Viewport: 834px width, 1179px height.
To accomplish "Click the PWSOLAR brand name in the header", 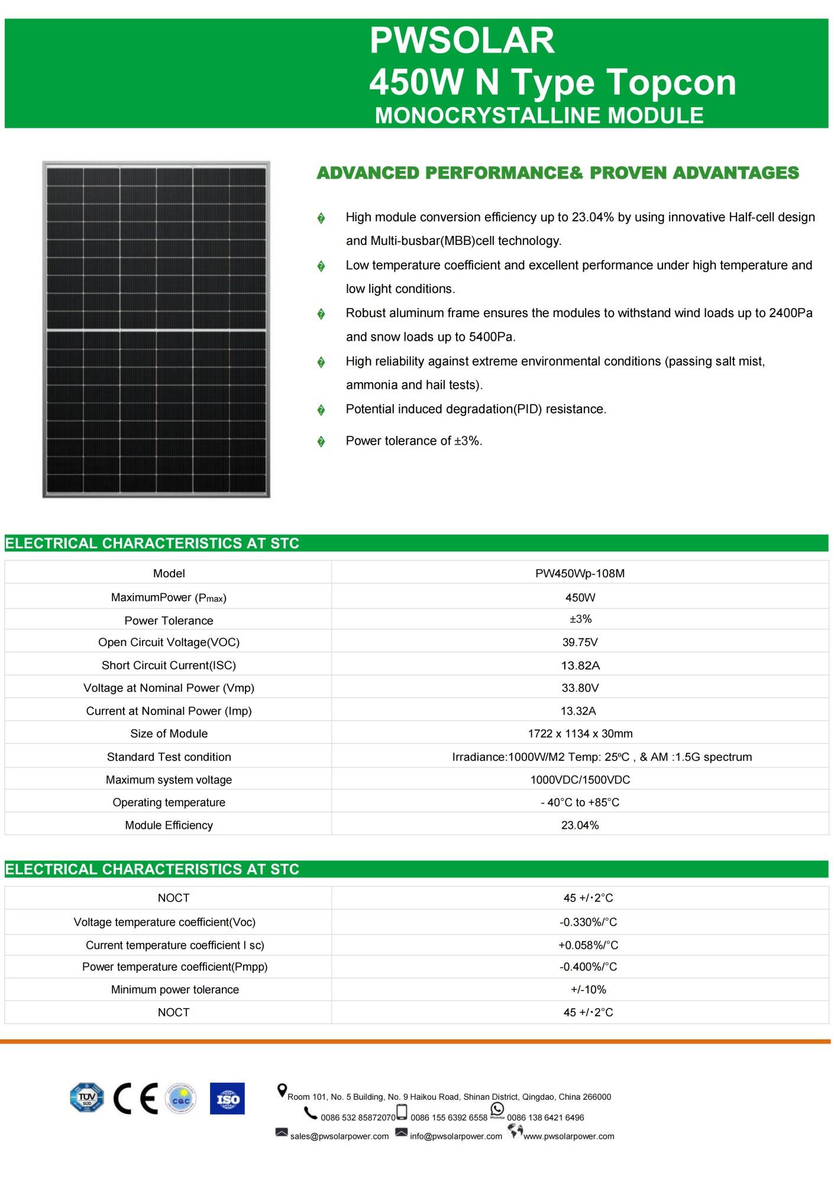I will [462, 40].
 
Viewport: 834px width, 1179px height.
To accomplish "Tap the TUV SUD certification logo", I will [86, 1098].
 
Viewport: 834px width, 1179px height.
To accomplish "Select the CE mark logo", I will [135, 1099].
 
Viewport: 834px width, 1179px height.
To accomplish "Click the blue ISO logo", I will [227, 1099].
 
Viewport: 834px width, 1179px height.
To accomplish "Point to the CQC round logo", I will [180, 1099].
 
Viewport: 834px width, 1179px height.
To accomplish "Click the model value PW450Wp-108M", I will [580, 573].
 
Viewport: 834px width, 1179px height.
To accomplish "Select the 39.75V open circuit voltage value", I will [580, 642].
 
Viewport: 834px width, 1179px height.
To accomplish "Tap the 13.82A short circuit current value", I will [580, 666].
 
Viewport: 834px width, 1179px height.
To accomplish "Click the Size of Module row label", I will [169, 734].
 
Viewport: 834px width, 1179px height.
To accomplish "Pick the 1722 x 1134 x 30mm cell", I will [580, 734].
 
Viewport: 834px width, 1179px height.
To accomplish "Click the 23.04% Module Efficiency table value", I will [580, 825].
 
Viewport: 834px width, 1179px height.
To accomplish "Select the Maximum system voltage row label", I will [169, 780].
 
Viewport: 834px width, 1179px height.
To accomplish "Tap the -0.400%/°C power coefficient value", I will [588, 967].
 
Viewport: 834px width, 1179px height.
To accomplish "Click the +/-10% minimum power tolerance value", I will [588, 989].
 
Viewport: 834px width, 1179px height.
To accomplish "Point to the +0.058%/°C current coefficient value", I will [588, 945].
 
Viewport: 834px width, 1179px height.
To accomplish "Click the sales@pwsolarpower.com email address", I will [339, 1136].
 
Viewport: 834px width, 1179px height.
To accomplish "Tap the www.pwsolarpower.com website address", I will [568, 1136].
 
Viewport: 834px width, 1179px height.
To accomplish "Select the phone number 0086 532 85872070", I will [358, 1117].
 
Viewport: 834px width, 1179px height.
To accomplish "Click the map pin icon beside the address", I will [282, 1090].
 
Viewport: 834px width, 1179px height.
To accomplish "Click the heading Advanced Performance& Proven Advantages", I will [557, 173].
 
